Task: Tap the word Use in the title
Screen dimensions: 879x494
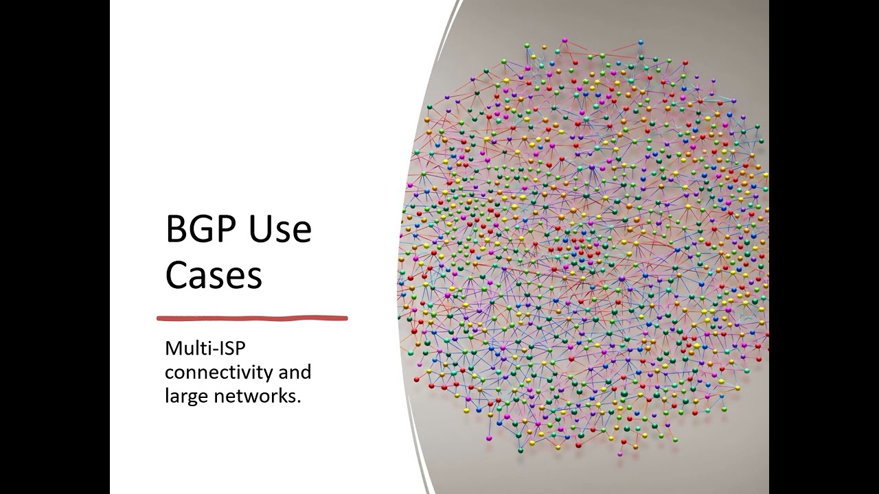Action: (x=280, y=228)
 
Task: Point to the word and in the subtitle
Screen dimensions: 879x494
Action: (x=295, y=372)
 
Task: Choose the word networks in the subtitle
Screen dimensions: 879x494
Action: (x=254, y=396)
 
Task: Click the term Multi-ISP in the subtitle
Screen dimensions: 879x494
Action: (x=205, y=349)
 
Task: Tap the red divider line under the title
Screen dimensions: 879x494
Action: (x=252, y=318)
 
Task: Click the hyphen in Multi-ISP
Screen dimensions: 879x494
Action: (x=214, y=350)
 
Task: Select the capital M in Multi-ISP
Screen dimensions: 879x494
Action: (x=172, y=349)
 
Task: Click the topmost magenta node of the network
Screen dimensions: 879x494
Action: (x=564, y=40)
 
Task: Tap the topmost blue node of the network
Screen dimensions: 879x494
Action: (x=641, y=42)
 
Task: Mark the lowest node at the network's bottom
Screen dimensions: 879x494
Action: (x=620, y=454)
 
